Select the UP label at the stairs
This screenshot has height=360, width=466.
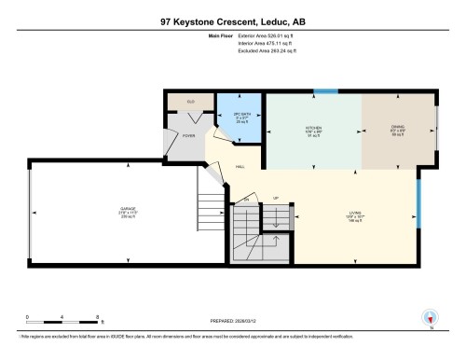click(275, 199)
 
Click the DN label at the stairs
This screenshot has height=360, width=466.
click(248, 199)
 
